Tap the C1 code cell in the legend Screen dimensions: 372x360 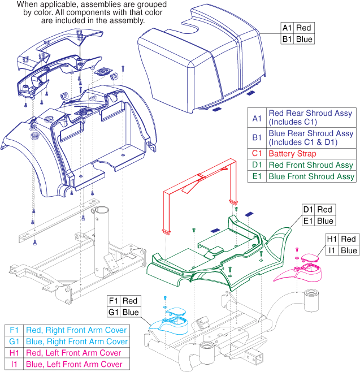(x=257, y=153)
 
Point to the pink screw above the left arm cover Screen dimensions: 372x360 (x=297, y=249)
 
